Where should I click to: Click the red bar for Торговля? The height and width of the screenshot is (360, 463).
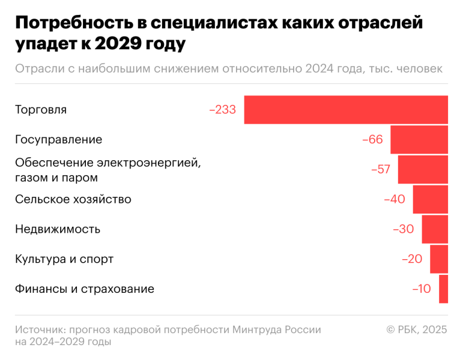[346, 110]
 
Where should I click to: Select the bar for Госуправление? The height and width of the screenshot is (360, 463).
[419, 140]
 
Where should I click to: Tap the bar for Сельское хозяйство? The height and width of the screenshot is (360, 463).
[430, 199]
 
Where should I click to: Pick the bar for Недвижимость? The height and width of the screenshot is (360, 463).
[435, 229]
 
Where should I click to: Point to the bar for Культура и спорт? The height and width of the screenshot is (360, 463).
[439, 259]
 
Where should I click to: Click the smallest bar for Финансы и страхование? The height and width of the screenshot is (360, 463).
[444, 289]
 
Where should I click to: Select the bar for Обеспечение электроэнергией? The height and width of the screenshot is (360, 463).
[423, 169]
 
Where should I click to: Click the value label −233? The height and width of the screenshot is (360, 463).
[222, 110]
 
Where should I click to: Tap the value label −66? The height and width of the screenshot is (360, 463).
[372, 140]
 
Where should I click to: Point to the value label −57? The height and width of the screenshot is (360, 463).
[381, 170]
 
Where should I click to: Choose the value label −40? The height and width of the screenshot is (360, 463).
[395, 199]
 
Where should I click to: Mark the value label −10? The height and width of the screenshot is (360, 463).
[422, 289]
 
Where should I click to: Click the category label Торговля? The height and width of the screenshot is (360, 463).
[40, 110]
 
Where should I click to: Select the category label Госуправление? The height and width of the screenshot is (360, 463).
[58, 140]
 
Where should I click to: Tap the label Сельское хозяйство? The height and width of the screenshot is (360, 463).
[73, 199]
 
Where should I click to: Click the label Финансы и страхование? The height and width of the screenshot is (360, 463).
[84, 289]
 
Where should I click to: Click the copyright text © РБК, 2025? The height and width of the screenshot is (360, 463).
[417, 330]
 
